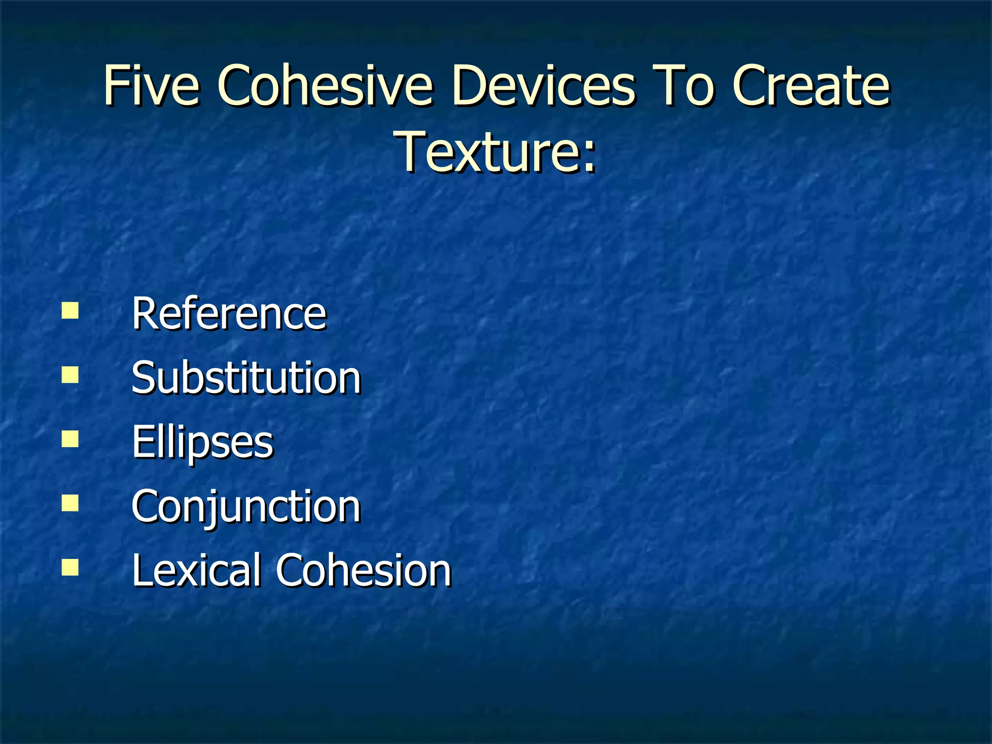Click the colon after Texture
coord(589,157)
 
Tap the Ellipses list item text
coord(202,442)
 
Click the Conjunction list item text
coord(246,506)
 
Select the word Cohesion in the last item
coord(363,570)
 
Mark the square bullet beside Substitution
coord(70,375)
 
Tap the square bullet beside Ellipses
coord(70,439)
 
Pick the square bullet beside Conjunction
coord(70,503)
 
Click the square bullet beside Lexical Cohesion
coord(70,567)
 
